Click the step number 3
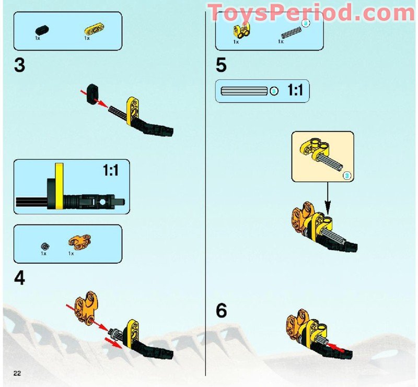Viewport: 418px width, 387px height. (19, 66)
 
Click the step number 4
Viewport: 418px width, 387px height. (19, 278)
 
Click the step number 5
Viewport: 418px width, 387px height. (221, 66)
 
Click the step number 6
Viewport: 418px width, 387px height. (222, 311)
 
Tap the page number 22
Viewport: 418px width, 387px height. (17, 372)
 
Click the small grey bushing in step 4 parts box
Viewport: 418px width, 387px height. (45, 245)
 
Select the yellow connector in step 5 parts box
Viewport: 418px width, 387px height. (240, 31)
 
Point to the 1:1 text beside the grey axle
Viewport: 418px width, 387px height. (295, 91)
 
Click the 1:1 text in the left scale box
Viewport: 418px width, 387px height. (110, 171)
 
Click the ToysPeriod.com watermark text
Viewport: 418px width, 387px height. (311, 12)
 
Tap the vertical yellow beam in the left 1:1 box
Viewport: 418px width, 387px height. (59, 186)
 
